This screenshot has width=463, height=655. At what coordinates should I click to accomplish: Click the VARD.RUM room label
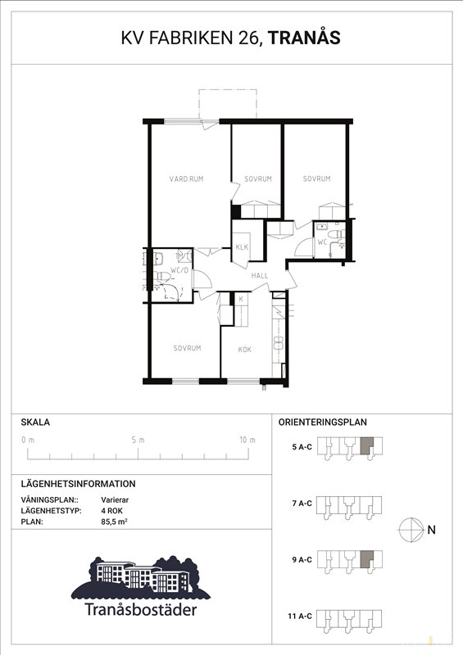(x=186, y=178)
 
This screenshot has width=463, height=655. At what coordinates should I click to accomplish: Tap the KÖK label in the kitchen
(x=245, y=350)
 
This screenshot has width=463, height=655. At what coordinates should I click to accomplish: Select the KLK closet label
(x=242, y=247)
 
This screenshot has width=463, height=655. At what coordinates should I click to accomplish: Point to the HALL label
(x=259, y=276)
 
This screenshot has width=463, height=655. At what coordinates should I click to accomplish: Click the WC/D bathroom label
(x=180, y=269)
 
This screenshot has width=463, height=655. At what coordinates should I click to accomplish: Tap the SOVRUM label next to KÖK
(x=187, y=348)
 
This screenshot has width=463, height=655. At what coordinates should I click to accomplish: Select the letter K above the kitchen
(x=241, y=299)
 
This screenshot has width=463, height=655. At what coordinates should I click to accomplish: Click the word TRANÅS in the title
(x=304, y=38)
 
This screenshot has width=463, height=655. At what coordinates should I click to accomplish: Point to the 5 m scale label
(x=138, y=440)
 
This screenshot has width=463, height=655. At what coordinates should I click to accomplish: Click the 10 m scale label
(x=247, y=440)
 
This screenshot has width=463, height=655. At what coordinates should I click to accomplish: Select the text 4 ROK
(x=111, y=511)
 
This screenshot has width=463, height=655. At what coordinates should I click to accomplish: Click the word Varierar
(x=115, y=500)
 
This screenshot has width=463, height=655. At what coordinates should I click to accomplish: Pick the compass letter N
(x=432, y=530)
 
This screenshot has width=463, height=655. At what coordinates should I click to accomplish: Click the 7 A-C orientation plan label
(x=302, y=504)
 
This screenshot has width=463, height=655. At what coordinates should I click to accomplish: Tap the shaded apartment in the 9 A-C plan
(x=366, y=559)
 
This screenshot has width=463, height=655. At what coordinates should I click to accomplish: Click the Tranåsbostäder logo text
(x=140, y=609)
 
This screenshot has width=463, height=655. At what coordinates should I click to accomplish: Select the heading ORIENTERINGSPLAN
(x=323, y=422)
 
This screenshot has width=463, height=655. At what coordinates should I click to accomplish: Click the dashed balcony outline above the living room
(x=227, y=89)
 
